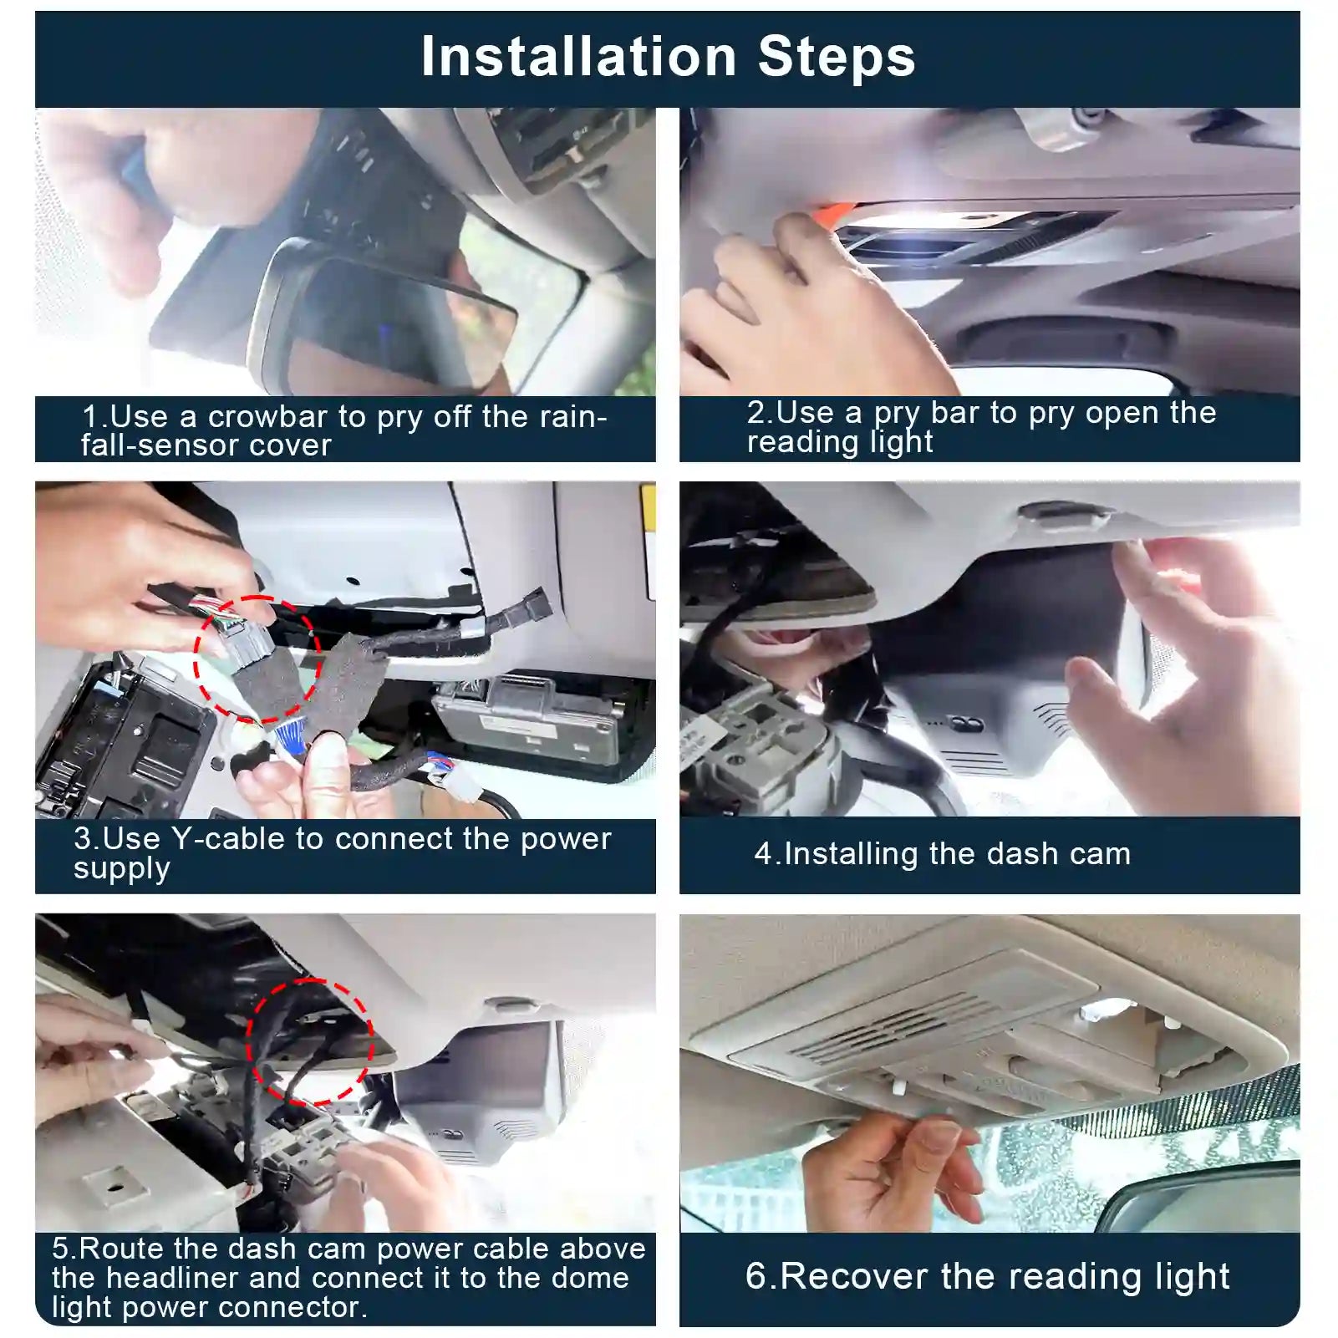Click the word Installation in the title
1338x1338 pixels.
(x=578, y=57)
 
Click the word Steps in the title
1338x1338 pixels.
(x=837, y=57)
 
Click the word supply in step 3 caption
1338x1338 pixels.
(x=122, y=869)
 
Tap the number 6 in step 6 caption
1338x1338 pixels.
(x=756, y=1276)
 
